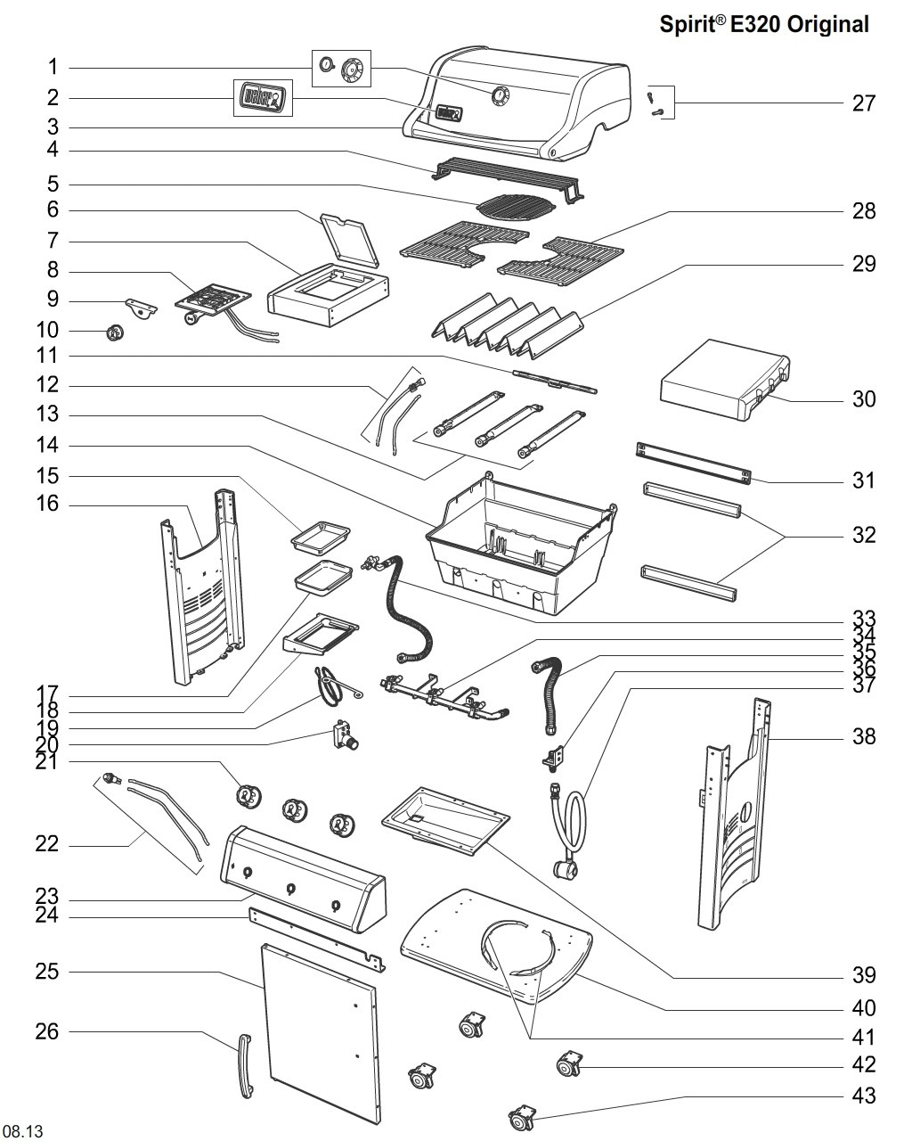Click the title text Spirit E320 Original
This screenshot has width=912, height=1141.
tap(763, 25)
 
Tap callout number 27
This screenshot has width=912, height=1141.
tap(863, 103)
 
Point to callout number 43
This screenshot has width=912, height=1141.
tap(863, 1095)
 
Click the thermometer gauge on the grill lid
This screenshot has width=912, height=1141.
tap(500, 95)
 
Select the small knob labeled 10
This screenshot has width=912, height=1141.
tap(114, 333)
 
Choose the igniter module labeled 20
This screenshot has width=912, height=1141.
tap(342, 735)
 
